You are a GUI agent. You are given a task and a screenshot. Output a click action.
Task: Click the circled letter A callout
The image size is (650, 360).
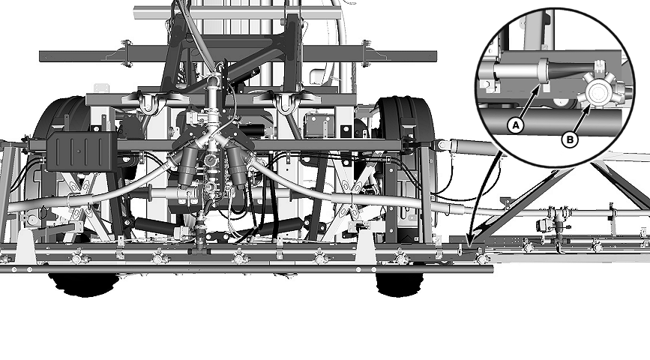515,124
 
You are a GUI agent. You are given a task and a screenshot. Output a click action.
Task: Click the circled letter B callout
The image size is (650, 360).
570,139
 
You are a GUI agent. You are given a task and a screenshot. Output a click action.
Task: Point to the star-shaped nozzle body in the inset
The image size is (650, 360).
597,91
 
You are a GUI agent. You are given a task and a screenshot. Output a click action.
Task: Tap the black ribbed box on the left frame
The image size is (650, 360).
81,151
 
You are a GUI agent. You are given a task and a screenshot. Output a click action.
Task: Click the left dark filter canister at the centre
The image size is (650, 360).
189,165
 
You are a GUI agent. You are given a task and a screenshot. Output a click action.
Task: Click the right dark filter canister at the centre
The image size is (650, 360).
236,165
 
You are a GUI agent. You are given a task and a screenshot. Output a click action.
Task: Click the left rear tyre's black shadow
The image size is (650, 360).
83,285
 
